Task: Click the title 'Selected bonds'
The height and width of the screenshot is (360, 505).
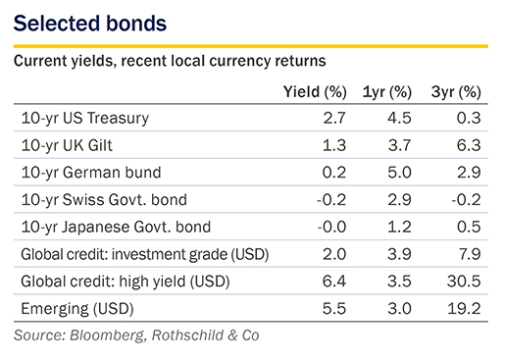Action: [90, 24]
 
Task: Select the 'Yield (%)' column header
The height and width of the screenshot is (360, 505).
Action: [315, 92]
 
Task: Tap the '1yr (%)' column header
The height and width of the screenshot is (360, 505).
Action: [387, 92]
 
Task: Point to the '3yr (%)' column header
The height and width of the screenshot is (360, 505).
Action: [456, 92]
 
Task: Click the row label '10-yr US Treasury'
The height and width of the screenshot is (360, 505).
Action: [85, 119]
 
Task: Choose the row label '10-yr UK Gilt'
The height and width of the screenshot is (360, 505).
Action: [67, 145]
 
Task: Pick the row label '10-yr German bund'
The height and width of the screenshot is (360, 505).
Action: [91, 173]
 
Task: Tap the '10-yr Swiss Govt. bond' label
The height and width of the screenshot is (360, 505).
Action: [104, 200]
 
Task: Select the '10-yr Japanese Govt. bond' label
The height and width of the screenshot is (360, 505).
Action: [116, 228]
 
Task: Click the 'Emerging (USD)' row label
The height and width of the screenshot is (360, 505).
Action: [77, 309]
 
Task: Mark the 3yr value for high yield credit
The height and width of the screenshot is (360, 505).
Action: [464, 282]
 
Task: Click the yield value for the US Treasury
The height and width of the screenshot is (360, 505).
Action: [334, 118]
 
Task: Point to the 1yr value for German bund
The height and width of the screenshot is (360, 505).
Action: [399, 173]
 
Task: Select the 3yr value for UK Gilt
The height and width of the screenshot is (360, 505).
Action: [469, 145]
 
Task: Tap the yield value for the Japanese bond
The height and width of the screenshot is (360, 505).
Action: [331, 227]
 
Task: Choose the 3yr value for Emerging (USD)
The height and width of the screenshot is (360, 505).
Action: [464, 309]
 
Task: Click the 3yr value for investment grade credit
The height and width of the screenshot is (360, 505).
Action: [469, 254]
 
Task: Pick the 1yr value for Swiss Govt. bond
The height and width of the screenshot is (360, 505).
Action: [399, 200]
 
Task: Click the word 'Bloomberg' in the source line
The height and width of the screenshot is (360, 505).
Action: [107, 335]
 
